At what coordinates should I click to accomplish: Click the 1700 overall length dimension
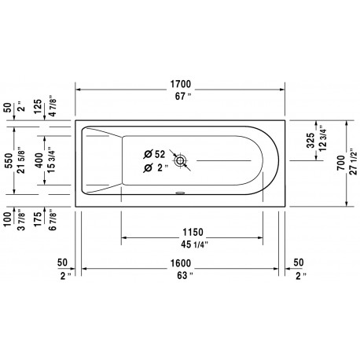pos(181,84)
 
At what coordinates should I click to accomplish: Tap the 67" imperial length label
pos(183,97)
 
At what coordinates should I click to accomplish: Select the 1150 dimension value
pos(193,232)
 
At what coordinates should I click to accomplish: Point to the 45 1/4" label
pos(194,244)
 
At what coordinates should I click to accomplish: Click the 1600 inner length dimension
pos(181,263)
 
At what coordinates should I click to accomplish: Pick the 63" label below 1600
pos(185,275)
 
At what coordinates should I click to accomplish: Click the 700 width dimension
pos(341,163)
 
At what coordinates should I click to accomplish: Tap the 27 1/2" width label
pos(354,163)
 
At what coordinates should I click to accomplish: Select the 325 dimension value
pos(310,141)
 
